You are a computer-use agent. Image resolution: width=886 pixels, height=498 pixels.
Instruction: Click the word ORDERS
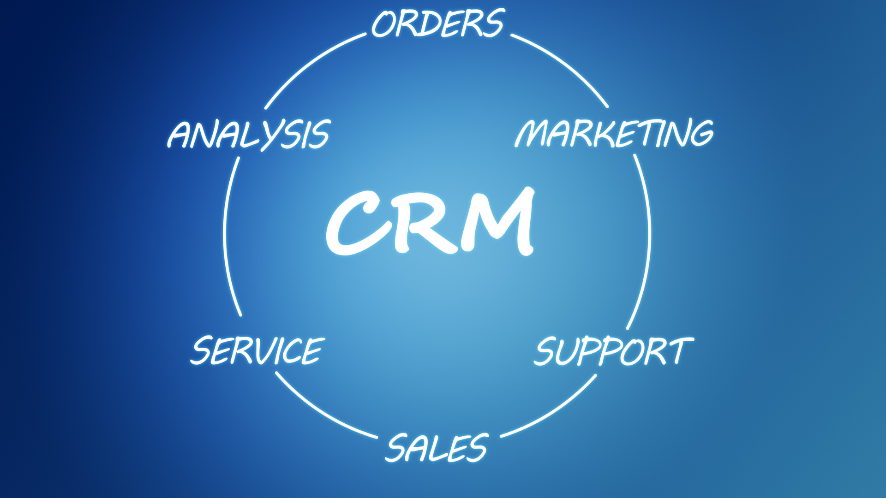pyautogui.click(x=438, y=23)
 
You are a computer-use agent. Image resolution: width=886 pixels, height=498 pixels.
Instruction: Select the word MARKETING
pyautogui.click(x=614, y=133)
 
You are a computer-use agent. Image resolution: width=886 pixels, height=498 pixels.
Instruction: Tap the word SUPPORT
pyautogui.click(x=614, y=351)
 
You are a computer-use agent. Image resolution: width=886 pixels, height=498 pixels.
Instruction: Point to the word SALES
pyautogui.click(x=437, y=448)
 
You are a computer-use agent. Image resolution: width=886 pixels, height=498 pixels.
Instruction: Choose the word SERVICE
pyautogui.click(x=257, y=350)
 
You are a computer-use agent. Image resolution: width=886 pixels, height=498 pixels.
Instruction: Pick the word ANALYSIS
pyautogui.click(x=249, y=135)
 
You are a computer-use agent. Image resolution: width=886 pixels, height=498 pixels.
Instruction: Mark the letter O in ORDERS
pyautogui.click(x=385, y=24)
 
